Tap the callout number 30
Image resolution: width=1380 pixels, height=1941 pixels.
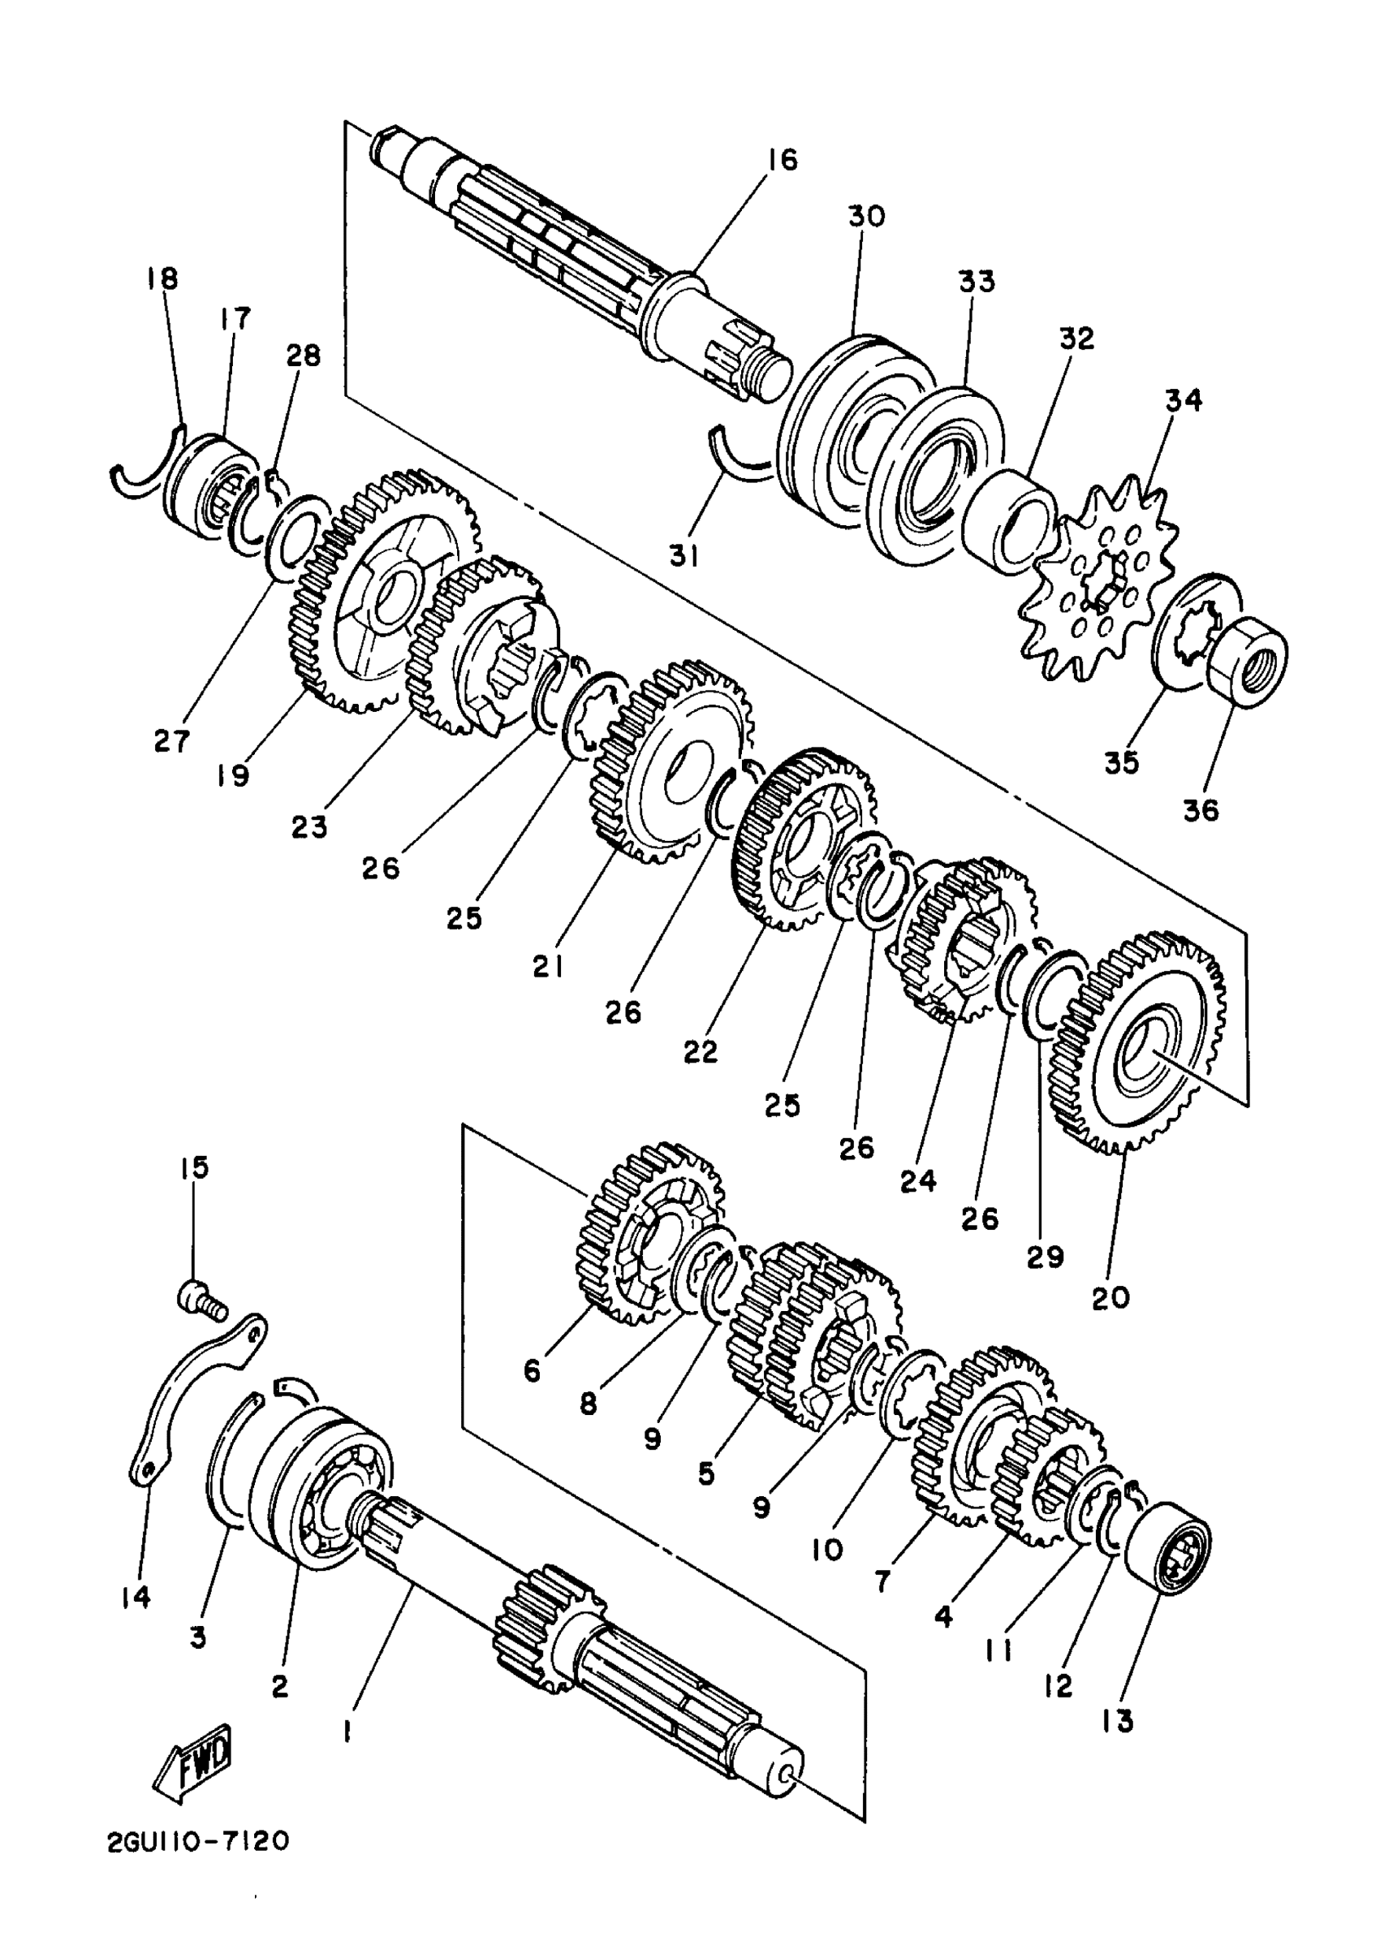pyautogui.click(x=866, y=216)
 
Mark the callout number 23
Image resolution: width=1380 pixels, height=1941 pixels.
pyautogui.click(x=309, y=826)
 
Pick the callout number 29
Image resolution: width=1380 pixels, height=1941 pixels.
pyautogui.click(x=1045, y=1256)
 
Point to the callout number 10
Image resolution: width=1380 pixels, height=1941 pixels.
pyautogui.click(x=827, y=1548)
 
